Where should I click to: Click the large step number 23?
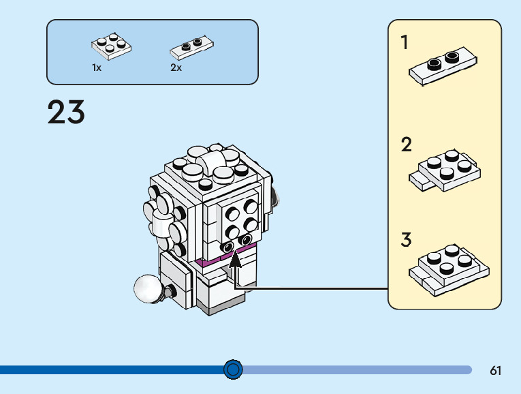(x=66, y=112)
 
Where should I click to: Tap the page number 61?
(x=495, y=371)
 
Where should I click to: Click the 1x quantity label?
(x=97, y=68)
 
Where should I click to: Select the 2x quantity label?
(x=176, y=68)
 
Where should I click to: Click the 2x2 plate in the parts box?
(x=111, y=45)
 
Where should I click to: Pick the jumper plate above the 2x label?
(x=191, y=46)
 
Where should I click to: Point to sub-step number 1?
(x=405, y=43)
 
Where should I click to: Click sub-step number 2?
(x=406, y=145)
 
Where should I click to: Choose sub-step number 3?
(x=406, y=240)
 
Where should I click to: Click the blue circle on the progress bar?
(x=233, y=369)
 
